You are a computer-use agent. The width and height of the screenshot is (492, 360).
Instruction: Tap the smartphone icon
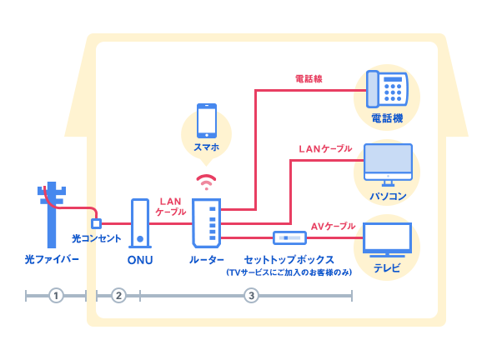click(x=206, y=121)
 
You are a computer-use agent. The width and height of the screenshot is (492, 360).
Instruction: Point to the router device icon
click(x=206, y=222)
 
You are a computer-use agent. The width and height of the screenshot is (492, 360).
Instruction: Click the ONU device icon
click(x=140, y=223)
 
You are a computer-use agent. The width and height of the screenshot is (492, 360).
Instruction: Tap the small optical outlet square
click(x=96, y=223)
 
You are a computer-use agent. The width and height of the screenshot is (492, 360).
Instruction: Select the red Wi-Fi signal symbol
click(x=205, y=182)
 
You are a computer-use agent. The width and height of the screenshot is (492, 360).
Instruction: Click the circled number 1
click(x=55, y=295)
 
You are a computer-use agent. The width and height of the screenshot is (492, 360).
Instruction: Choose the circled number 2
click(x=118, y=295)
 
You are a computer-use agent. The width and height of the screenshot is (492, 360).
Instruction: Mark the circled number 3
click(x=251, y=295)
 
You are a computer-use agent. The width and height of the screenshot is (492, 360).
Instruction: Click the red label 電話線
click(x=309, y=79)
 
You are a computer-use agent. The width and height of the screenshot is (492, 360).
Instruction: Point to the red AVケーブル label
click(x=333, y=226)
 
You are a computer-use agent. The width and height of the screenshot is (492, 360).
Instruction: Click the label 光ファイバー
click(x=52, y=260)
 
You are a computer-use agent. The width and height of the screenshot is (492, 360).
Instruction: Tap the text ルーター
click(x=206, y=260)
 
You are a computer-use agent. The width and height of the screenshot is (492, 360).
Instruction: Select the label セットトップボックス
click(x=289, y=260)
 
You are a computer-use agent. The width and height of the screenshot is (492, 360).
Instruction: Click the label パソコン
click(x=388, y=197)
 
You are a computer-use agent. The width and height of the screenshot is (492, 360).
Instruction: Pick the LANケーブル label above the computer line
click(x=324, y=149)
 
